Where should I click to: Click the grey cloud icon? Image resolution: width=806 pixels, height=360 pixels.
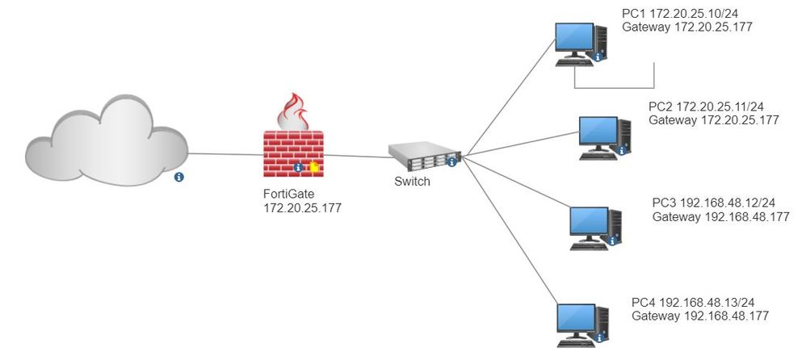105,137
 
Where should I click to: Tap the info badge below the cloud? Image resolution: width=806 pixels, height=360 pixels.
178,176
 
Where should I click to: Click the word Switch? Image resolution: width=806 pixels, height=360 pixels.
412,182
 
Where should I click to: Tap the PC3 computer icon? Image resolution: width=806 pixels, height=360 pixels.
594,227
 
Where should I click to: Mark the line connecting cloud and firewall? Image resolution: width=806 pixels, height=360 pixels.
225,153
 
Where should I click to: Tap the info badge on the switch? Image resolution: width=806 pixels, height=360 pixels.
451,162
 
